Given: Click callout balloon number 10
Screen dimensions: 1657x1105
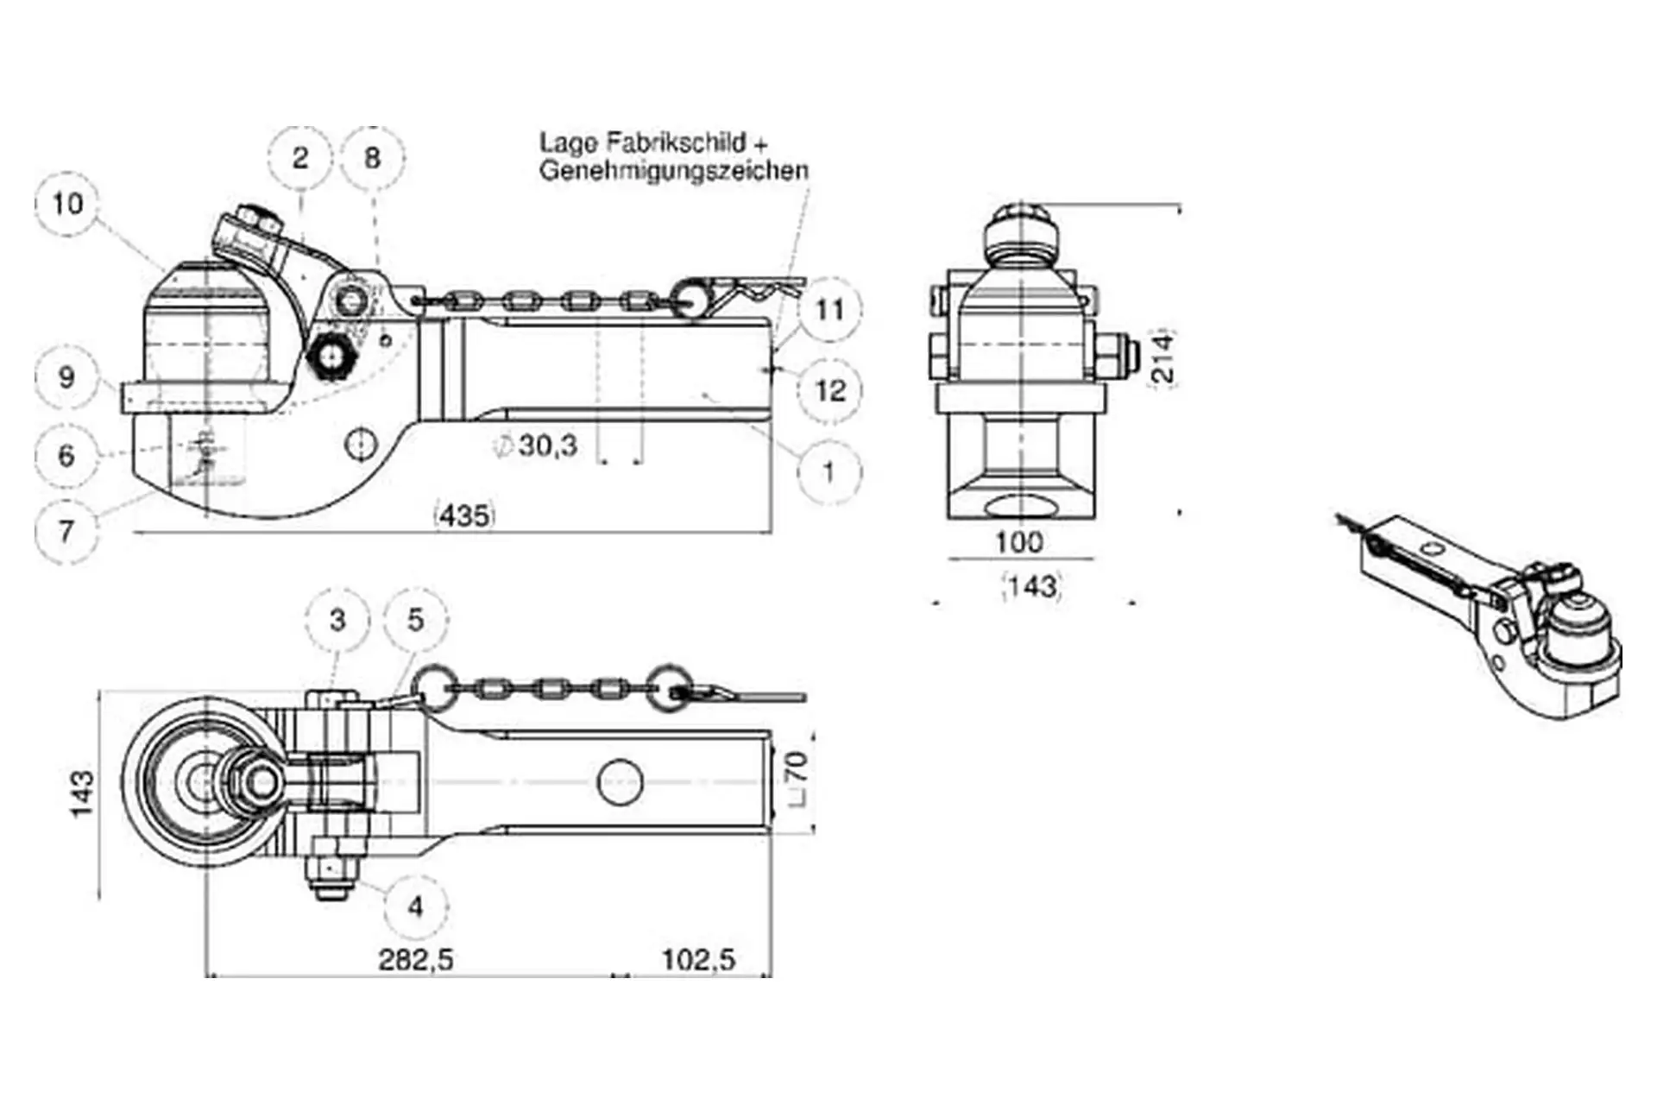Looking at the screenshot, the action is (x=67, y=204).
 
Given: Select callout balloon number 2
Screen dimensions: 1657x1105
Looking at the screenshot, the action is (x=299, y=158).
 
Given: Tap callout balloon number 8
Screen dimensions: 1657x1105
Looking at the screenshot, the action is (x=372, y=158).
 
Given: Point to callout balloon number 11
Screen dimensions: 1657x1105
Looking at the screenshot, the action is (x=829, y=310).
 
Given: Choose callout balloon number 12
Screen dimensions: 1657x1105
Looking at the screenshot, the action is (x=830, y=391).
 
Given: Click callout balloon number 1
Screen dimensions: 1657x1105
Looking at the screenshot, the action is (x=829, y=472).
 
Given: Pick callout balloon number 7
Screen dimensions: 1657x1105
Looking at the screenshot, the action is (x=66, y=531).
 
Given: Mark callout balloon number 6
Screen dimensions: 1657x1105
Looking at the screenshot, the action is (x=66, y=455).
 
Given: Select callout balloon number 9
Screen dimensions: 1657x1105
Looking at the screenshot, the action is (x=66, y=377).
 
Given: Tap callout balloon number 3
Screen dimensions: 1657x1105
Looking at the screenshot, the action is (x=337, y=619).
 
